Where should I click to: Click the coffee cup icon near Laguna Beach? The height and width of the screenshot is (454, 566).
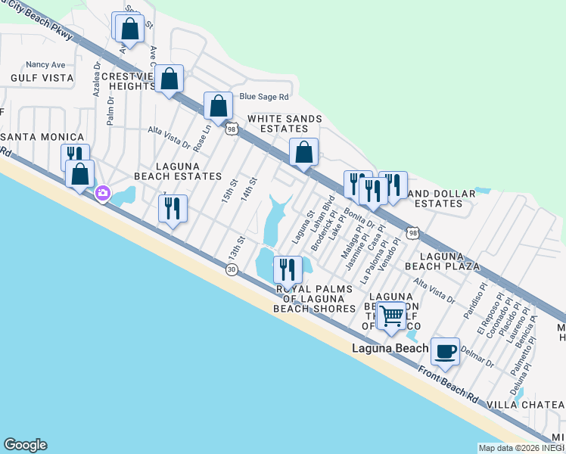click(x=445, y=352)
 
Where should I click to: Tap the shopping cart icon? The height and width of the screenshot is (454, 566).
click(x=392, y=316)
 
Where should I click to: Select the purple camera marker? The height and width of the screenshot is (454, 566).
click(x=102, y=194)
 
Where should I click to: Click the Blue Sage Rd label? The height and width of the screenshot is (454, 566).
click(x=264, y=97)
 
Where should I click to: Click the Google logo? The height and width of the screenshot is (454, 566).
click(x=25, y=445)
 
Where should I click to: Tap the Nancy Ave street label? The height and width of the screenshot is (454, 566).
click(x=45, y=65)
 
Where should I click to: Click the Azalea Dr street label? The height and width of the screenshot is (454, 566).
click(x=98, y=76)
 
